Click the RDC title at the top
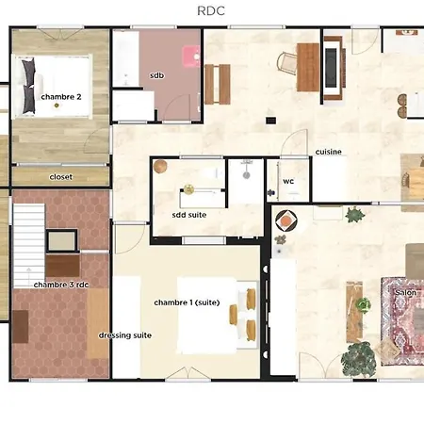(x=211, y=11)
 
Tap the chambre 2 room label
(x=61, y=97)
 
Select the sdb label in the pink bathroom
(x=156, y=75)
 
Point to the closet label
(x=61, y=177)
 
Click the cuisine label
(x=328, y=152)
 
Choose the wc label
(x=288, y=181)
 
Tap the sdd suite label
(x=189, y=215)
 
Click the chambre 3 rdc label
(x=61, y=285)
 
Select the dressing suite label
(x=125, y=335)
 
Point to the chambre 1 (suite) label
(x=187, y=302)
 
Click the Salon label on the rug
(x=406, y=293)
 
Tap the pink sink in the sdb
(x=191, y=57)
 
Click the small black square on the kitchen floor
(x=270, y=121)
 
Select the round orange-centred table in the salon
(x=285, y=221)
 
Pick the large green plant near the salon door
(x=358, y=359)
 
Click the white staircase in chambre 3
(x=29, y=246)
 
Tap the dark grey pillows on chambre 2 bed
(x=28, y=86)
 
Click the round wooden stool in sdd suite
(x=160, y=167)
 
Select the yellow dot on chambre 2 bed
(x=57, y=106)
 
